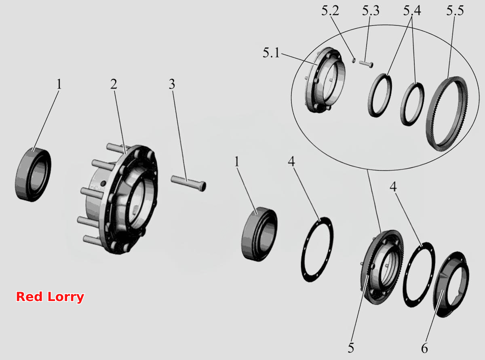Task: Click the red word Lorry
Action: pos(66,297)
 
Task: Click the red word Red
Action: pos(29,297)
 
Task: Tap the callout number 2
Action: pos(114,84)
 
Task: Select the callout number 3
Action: pos(172,84)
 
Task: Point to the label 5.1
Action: pos(271,53)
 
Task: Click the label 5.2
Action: pos(330,11)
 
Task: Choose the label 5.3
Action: pos(371,11)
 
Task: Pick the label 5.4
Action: pos(412,11)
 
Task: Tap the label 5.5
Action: pos(455,11)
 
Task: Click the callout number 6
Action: pos(424,348)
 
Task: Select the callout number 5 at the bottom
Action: pos(351,348)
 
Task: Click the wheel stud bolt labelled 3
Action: pos(188,183)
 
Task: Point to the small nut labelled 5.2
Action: pos(354,60)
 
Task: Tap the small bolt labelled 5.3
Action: pos(366,64)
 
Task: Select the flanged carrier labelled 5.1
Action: pos(325,80)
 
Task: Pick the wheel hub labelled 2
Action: pos(118,199)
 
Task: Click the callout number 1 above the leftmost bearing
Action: pos(59,84)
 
